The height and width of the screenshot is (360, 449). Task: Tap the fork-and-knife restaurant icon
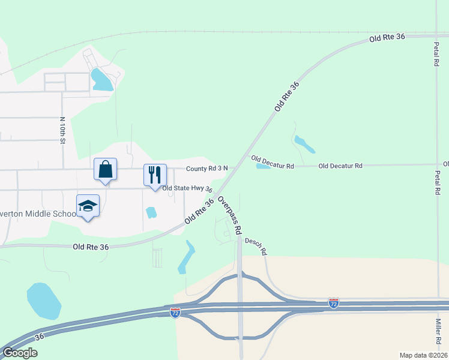(x=155, y=175)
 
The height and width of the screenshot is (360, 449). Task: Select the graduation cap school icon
(x=88, y=206)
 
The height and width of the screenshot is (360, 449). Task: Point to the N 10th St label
(x=61, y=131)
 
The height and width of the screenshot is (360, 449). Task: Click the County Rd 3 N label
(x=206, y=169)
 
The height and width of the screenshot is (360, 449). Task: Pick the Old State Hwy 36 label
(x=187, y=188)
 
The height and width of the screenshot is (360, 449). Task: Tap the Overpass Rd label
(x=230, y=214)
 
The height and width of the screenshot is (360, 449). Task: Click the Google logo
(x=19, y=353)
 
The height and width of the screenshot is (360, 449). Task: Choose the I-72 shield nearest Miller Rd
(x=334, y=303)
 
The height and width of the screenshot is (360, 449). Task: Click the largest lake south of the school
(x=44, y=301)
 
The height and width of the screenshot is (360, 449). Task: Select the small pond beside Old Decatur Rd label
(x=264, y=166)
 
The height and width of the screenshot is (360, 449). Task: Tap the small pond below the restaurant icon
(x=151, y=212)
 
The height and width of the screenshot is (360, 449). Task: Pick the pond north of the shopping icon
(x=101, y=80)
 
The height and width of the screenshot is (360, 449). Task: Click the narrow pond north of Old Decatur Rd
(x=304, y=144)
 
